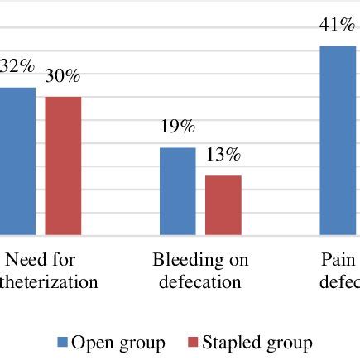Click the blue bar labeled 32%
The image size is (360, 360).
17,161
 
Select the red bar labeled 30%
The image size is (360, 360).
63,166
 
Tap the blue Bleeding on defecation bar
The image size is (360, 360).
177,191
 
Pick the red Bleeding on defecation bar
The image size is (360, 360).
223,205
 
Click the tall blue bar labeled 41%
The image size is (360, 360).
339,141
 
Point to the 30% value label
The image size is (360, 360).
62,76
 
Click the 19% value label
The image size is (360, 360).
177,127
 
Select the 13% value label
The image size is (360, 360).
223,155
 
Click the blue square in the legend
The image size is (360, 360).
61,343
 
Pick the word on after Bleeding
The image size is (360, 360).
238,261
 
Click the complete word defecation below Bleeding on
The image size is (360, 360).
200,282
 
